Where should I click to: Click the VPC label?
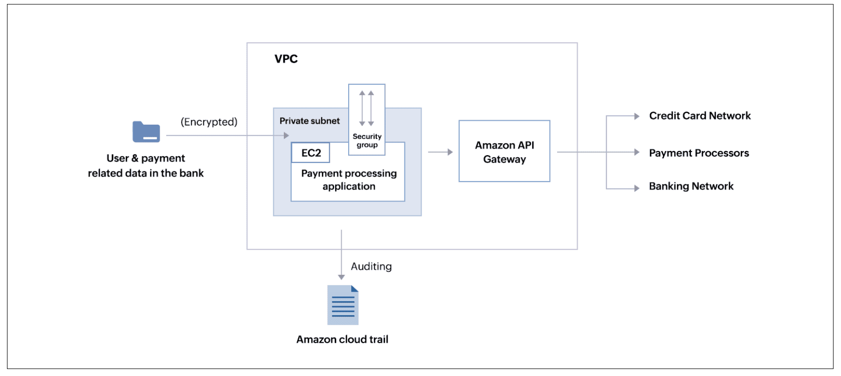pyautogui.click(x=286, y=59)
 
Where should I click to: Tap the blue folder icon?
pyautogui.click(x=146, y=132)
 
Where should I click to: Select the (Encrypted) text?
pyautogui.click(x=209, y=122)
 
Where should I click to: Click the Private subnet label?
pyautogui.click(x=309, y=121)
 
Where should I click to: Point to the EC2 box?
pyautogui.click(x=311, y=153)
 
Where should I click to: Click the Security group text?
pyautogui.click(x=367, y=141)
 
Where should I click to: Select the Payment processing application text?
pyautogui.click(x=349, y=180)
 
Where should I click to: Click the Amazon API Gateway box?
pyautogui.click(x=504, y=152)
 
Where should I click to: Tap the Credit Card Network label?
pyautogui.click(x=699, y=116)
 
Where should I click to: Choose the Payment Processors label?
pyautogui.click(x=698, y=153)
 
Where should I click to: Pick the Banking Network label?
pyautogui.click(x=691, y=186)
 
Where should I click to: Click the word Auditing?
pyautogui.click(x=371, y=266)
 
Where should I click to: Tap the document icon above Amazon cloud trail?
pyautogui.click(x=343, y=305)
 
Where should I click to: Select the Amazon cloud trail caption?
pyautogui.click(x=342, y=340)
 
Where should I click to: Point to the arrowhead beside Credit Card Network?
pyautogui.click(x=636, y=116)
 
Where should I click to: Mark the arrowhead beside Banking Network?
pyautogui.click(x=636, y=188)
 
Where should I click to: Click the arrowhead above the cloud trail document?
pyautogui.click(x=341, y=277)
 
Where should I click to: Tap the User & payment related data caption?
pyautogui.click(x=146, y=166)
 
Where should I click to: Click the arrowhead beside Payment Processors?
pyautogui.click(x=636, y=152)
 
